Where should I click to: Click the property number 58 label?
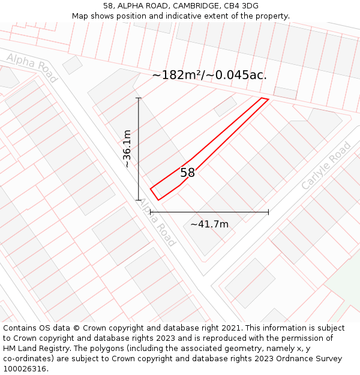click(x=188, y=173)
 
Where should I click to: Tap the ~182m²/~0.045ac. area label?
click(x=209, y=75)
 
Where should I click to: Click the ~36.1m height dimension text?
click(x=127, y=149)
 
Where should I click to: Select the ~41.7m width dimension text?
click(x=209, y=224)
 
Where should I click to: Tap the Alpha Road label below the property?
click(x=157, y=222)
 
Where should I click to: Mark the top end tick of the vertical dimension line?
click(x=139, y=98)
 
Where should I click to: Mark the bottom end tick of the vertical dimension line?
click(x=139, y=200)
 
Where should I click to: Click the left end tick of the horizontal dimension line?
click(x=150, y=212)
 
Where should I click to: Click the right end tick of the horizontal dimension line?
click(x=268, y=212)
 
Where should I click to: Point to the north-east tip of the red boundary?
click(x=268, y=99)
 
